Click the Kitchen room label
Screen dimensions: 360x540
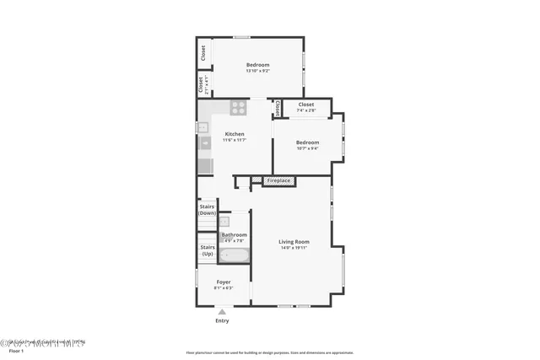[x=235, y=134]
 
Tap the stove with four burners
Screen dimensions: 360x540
[x=239, y=108]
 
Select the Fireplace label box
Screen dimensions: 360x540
[x=278, y=180]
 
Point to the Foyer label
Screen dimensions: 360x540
[x=224, y=282]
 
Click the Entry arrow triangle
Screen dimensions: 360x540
[x=223, y=312]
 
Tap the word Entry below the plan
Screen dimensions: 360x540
[x=223, y=320]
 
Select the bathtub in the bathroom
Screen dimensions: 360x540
[x=234, y=255]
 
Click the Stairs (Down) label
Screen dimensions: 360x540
[x=207, y=209]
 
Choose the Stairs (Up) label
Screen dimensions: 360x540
[x=207, y=250]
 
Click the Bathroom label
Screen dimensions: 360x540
[x=235, y=234]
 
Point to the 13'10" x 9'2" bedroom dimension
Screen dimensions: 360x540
[x=257, y=71]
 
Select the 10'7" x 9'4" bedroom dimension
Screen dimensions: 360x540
[x=307, y=148]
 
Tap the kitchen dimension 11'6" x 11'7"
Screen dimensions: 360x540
[x=235, y=140]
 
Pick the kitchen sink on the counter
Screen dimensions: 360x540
[x=204, y=144]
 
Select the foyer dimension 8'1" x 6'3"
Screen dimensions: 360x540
[x=224, y=287]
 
